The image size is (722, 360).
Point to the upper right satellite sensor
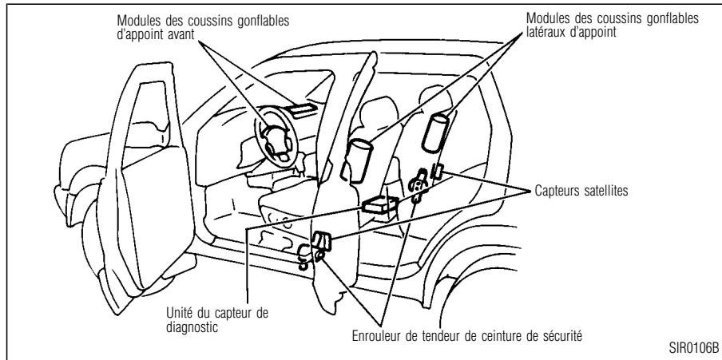pyautogui.click(x=437, y=171)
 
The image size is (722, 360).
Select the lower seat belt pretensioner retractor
pyautogui.click(x=307, y=256)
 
